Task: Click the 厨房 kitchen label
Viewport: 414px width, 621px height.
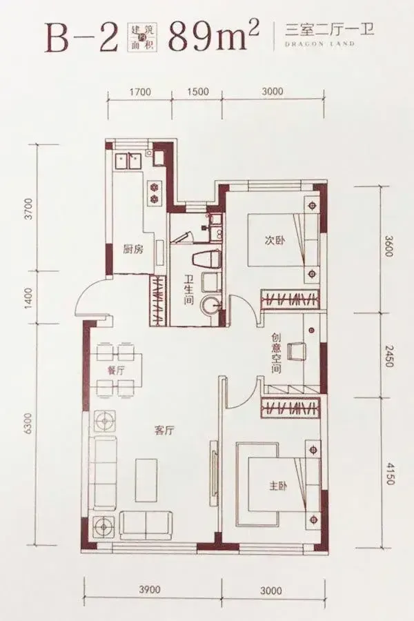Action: [x=133, y=250]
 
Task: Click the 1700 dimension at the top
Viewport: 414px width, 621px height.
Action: [x=140, y=92]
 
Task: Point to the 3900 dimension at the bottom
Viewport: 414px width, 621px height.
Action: [x=150, y=590]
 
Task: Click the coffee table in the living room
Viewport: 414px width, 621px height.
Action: [x=146, y=480]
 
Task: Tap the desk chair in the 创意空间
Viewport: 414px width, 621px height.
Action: [x=297, y=351]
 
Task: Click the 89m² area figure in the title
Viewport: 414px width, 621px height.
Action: [x=214, y=37]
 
